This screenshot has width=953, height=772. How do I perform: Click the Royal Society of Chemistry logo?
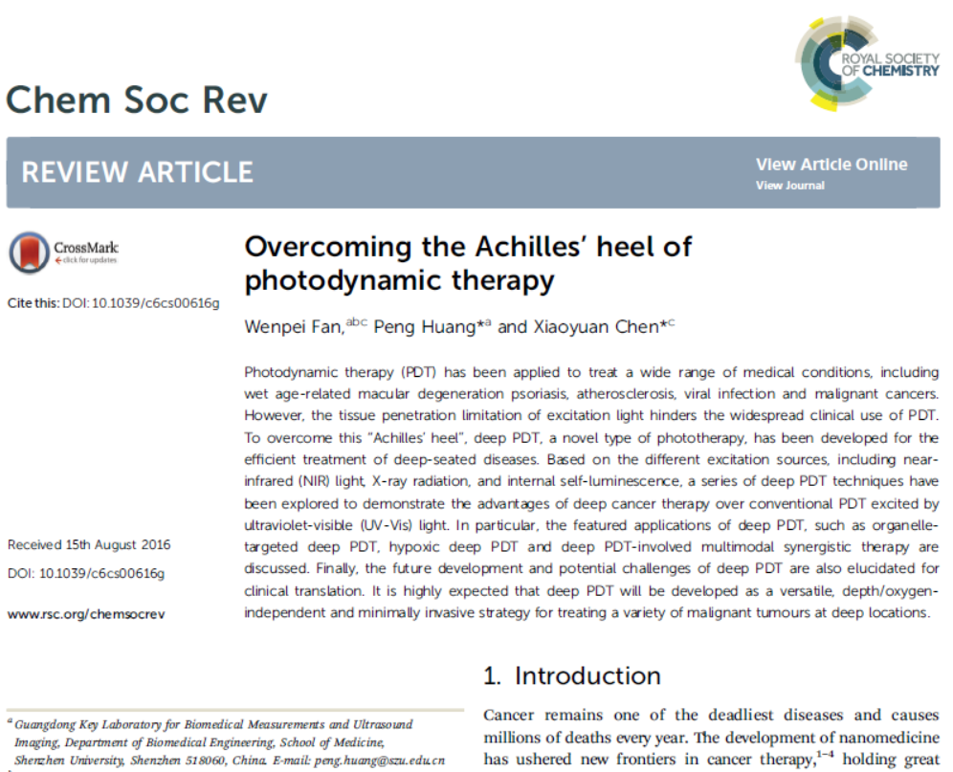[866, 59]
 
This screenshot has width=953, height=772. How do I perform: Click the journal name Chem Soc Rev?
[137, 99]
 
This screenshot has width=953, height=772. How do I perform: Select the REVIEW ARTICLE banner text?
[137, 172]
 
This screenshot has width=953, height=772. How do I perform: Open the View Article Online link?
[831, 165]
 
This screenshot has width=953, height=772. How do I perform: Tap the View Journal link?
[789, 186]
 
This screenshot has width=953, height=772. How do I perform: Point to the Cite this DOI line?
[114, 303]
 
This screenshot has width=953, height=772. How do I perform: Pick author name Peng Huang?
[419, 327]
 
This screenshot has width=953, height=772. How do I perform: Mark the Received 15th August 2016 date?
[89, 545]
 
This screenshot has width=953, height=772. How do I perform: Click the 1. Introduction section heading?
[571, 675]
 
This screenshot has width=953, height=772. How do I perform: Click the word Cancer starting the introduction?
[509, 716]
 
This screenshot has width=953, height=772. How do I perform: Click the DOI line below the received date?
[86, 573]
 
